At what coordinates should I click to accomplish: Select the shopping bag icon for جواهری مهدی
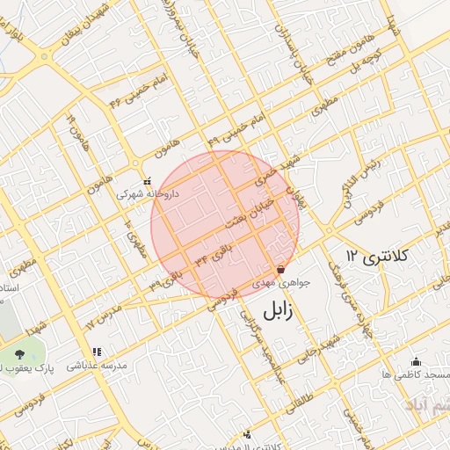[x=280, y=270]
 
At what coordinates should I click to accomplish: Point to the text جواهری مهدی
[x=276, y=284]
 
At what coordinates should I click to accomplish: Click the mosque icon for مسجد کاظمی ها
[x=416, y=361]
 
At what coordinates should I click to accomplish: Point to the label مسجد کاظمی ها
[x=415, y=374]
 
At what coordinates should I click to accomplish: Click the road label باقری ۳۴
[x=214, y=254]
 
